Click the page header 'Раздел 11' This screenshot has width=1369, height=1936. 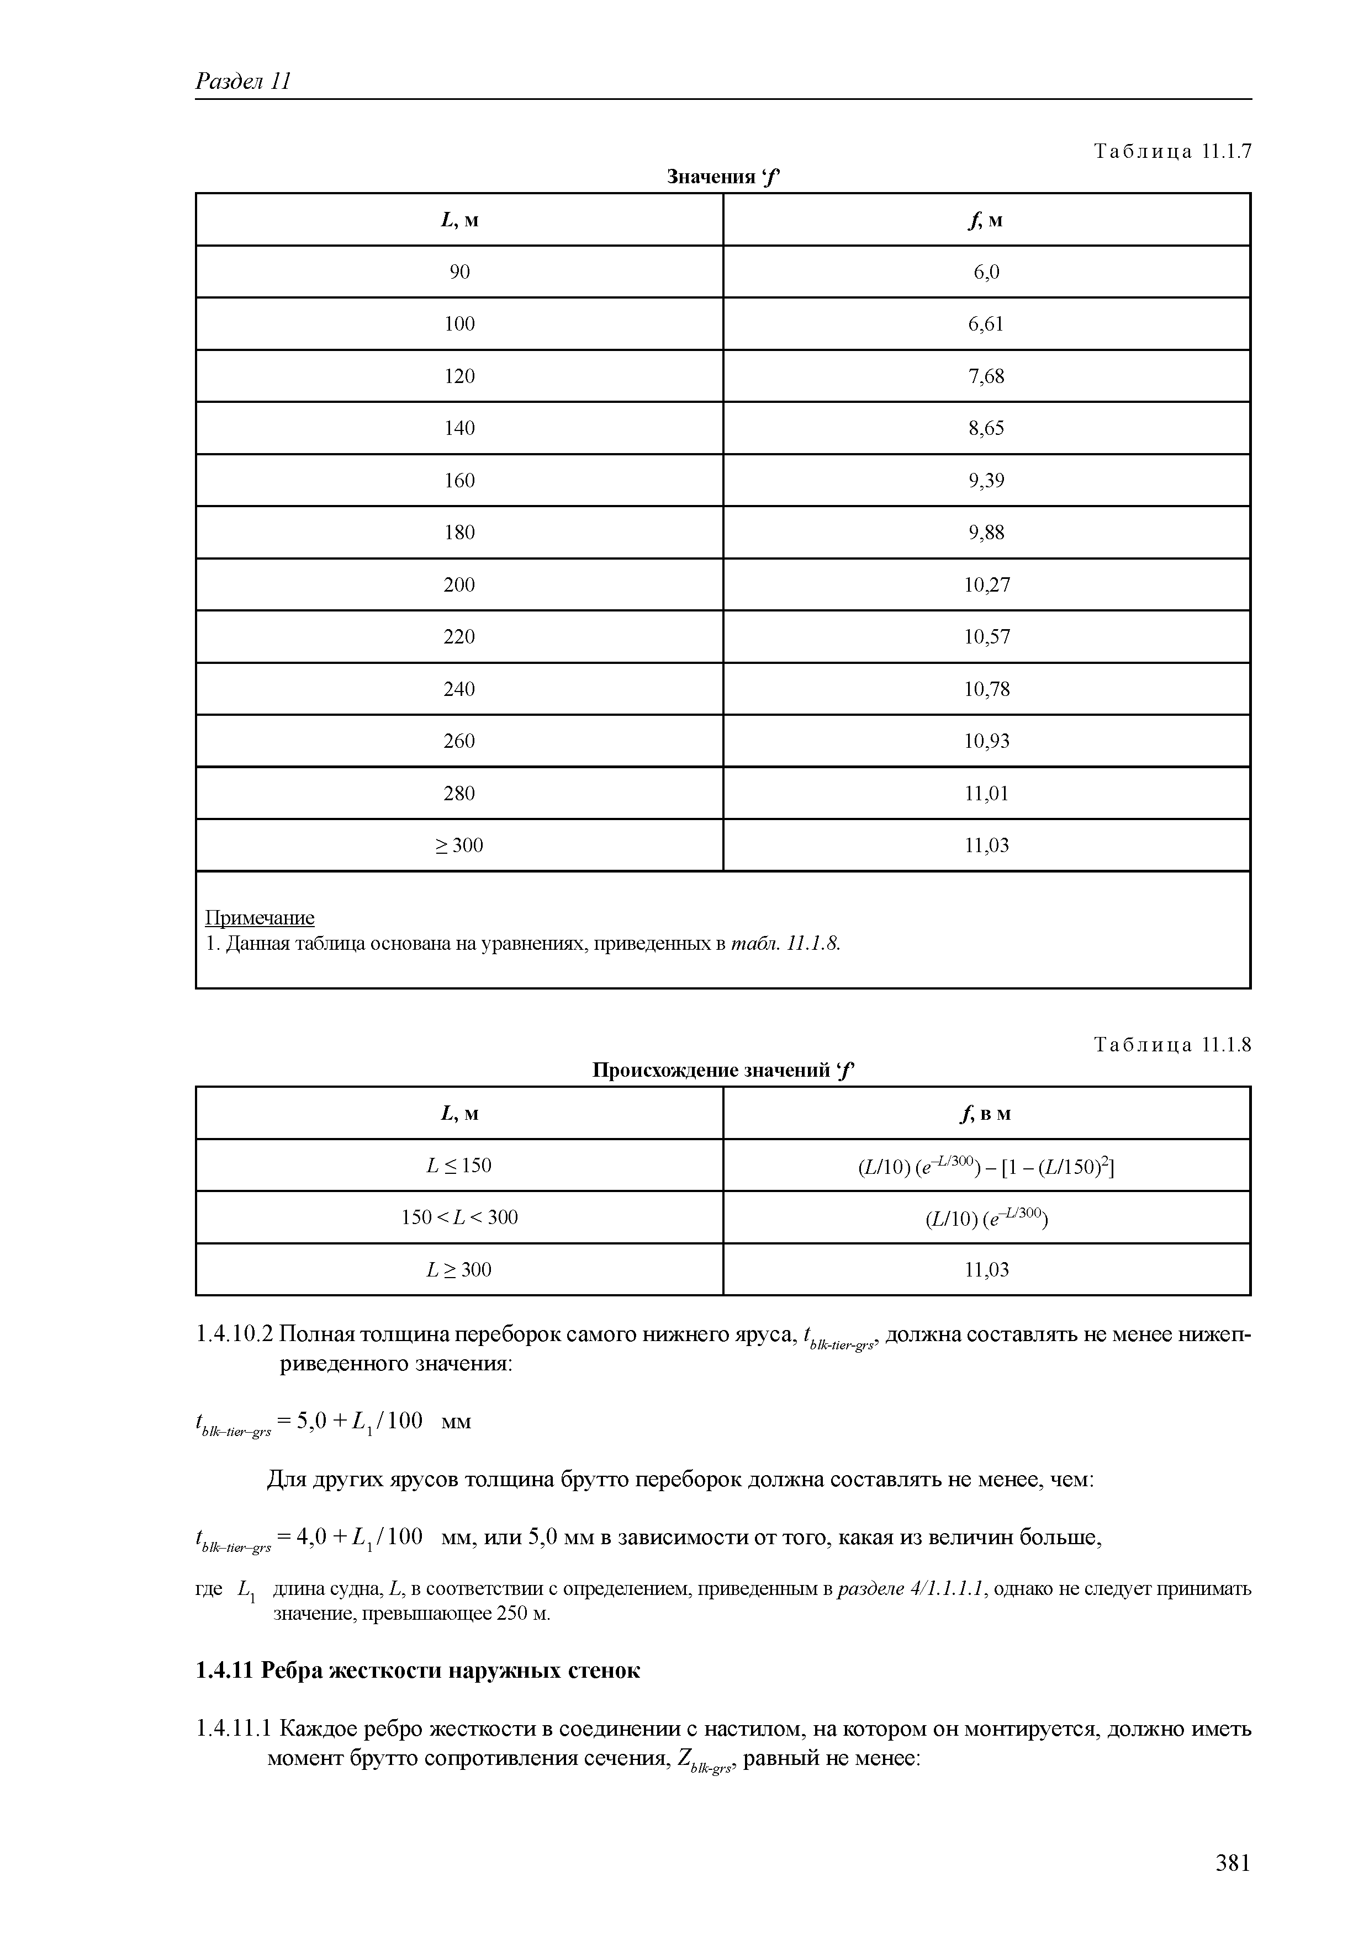(243, 81)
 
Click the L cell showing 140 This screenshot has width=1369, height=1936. (459, 428)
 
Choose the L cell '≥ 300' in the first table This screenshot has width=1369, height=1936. (459, 845)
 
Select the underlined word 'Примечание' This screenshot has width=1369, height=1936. (260, 917)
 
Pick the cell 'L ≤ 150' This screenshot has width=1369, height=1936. (459, 1166)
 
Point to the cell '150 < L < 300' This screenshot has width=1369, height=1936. (459, 1217)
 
